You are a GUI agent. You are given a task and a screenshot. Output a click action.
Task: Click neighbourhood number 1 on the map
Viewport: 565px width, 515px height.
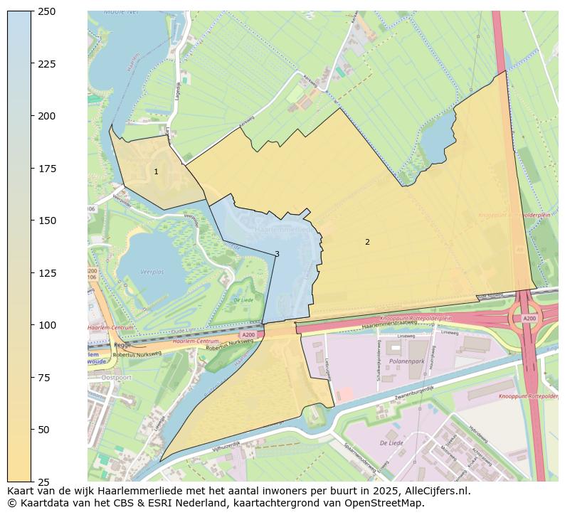[x=156, y=172]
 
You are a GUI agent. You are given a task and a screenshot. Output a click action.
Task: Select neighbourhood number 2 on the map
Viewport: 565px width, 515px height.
[x=367, y=243]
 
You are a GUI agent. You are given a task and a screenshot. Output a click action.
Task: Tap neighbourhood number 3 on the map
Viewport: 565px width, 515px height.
[x=277, y=254]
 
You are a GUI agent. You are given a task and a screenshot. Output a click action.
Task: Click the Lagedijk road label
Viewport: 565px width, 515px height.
[x=177, y=92]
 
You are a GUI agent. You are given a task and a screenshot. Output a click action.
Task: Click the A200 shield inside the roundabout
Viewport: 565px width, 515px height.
[x=529, y=319]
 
